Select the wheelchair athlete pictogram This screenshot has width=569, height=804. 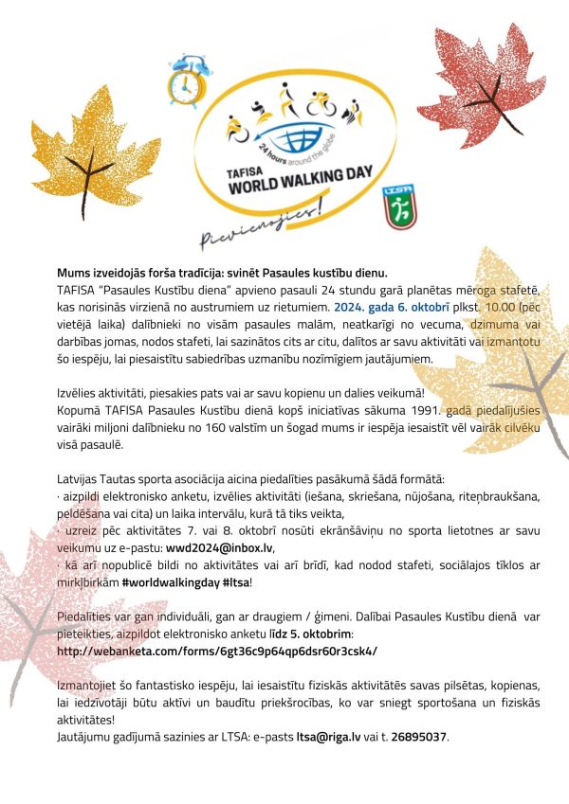pos(235,126)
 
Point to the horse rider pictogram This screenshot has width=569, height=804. pos(352,115)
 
